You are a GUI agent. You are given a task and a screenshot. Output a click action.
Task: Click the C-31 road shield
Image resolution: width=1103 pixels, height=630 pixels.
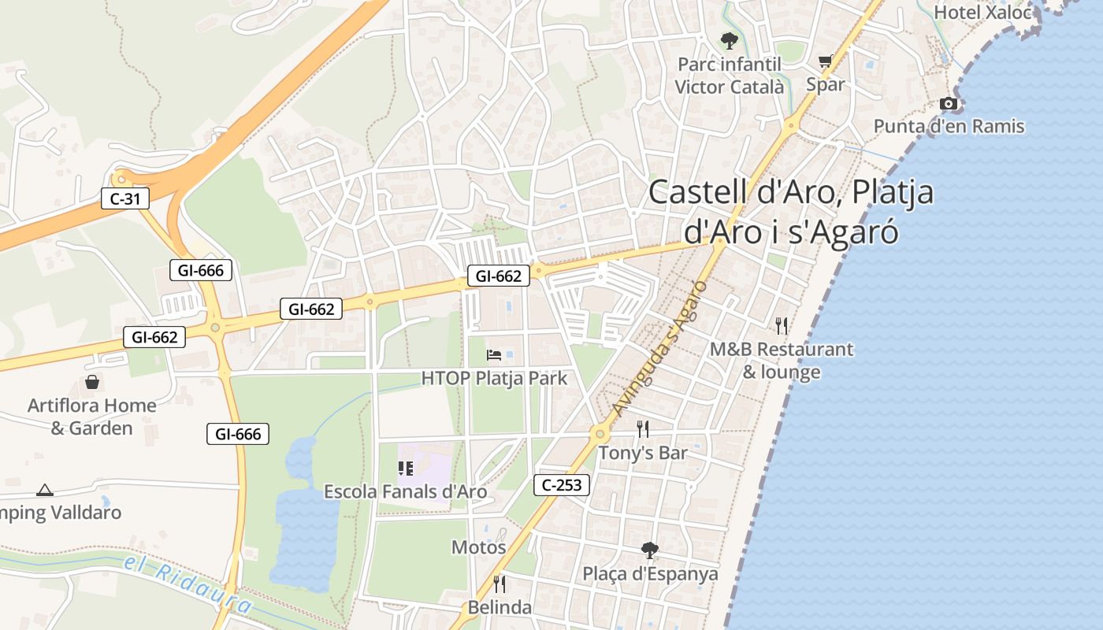125,198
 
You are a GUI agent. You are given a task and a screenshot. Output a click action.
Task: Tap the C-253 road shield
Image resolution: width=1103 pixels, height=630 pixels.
562,485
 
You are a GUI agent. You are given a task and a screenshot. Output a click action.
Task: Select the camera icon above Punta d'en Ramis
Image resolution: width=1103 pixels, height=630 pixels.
949,103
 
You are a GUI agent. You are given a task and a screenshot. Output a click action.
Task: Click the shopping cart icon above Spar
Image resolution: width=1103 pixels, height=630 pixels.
825,61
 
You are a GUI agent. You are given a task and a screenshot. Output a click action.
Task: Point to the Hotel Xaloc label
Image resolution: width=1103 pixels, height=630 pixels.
982,13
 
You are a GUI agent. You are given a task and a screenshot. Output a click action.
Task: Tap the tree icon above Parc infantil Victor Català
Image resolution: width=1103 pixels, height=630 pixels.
729,40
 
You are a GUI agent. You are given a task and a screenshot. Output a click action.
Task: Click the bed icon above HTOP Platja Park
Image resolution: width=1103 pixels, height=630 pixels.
494,355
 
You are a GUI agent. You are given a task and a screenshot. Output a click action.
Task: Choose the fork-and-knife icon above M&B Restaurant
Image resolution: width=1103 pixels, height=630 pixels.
781,325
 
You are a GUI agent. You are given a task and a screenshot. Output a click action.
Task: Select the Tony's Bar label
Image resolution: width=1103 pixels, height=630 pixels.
642,453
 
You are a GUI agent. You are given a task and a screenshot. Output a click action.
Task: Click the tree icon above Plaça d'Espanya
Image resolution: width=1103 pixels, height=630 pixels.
650,550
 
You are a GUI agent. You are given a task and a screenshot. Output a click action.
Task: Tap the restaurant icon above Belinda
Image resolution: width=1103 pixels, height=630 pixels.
500,584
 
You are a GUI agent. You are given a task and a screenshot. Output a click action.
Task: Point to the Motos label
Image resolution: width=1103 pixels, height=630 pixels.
478,547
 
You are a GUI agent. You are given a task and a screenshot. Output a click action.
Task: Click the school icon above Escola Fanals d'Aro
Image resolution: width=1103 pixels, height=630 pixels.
406,469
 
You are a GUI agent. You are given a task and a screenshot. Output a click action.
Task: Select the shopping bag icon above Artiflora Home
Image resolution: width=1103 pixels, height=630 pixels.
92,383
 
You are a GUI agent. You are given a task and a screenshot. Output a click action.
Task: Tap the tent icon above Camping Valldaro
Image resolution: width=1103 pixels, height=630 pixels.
45,490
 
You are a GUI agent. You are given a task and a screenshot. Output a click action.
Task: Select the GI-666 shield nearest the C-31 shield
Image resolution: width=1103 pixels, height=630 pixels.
201,270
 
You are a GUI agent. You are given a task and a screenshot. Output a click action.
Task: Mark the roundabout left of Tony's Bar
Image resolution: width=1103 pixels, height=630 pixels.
600,433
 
